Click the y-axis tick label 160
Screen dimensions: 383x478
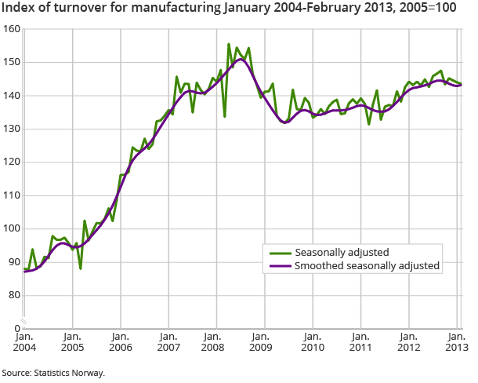[12, 29]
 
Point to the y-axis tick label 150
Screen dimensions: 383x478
[12, 62]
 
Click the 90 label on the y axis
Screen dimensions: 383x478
[14, 262]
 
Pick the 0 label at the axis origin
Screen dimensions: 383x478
[16, 328]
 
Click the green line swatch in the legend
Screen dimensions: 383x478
[277, 253]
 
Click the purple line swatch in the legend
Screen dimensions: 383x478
[277, 266]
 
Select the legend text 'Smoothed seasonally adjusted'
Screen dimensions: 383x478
[367, 266]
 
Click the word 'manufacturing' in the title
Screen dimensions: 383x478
[179, 10]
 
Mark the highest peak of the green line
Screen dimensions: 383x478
[229, 44]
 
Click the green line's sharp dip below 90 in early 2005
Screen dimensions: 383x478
[80, 268]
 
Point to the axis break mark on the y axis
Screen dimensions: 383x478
[24, 320]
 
